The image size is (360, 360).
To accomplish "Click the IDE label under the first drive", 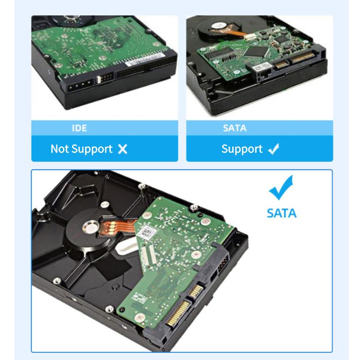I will click(79, 128).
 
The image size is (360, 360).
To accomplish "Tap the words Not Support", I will click(81, 149).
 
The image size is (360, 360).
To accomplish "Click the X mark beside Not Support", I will click(122, 149).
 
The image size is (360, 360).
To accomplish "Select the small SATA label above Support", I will click(234, 128).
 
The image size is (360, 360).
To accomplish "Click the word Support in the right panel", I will click(242, 149).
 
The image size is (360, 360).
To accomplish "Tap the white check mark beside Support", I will click(273, 149).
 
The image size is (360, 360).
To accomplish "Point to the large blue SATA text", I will click(282, 212).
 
